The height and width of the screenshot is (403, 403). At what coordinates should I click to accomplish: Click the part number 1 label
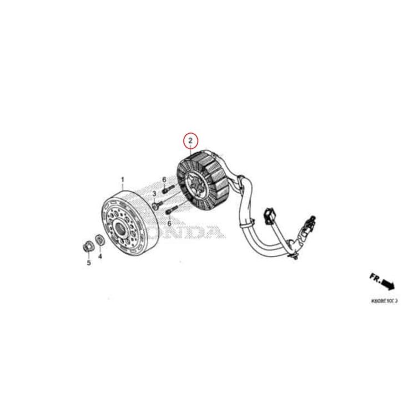tap(123, 180)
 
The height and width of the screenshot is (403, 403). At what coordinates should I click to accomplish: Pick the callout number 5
tap(88, 262)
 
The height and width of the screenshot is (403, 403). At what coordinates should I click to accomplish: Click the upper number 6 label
tap(164, 179)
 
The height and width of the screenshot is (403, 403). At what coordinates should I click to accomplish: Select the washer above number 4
tap(100, 239)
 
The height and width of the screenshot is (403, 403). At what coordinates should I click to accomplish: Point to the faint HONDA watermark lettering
tap(194, 230)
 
